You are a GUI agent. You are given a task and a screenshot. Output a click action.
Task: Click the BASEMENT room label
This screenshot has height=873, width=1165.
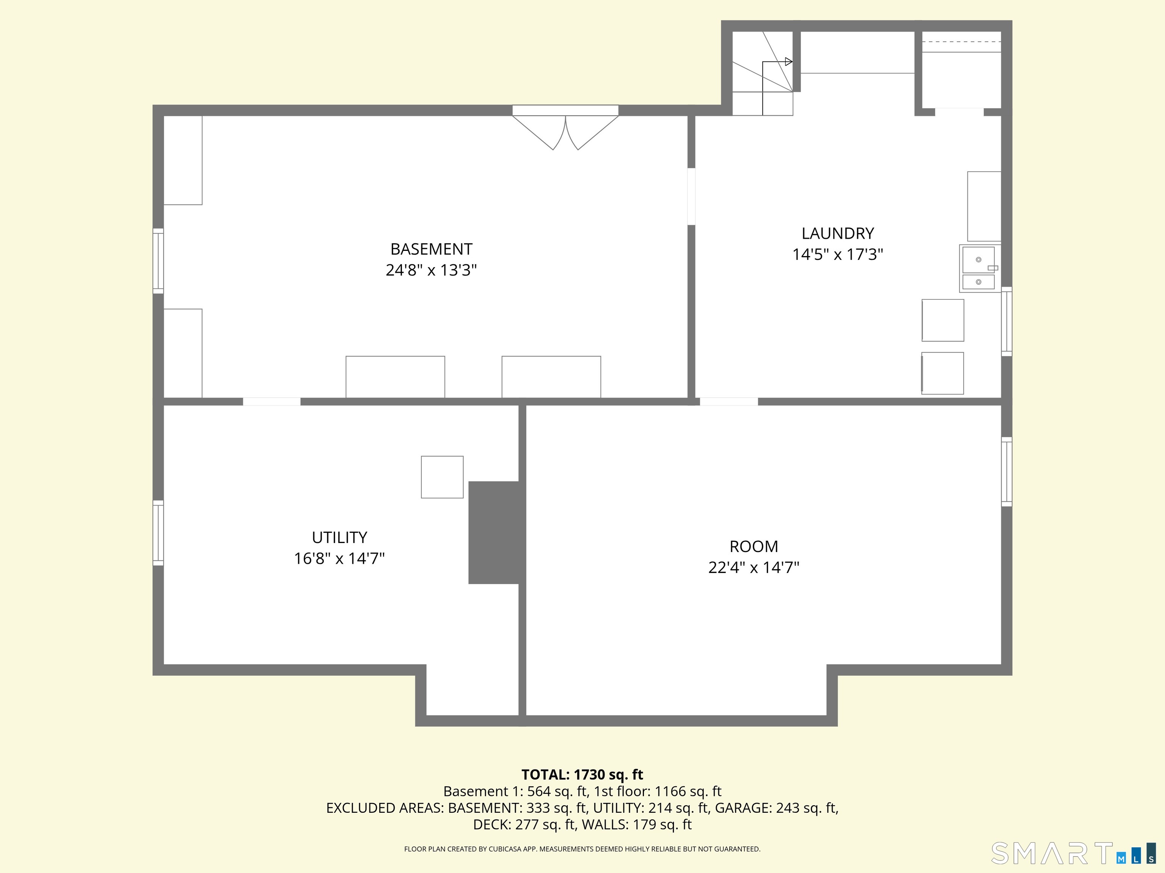(x=431, y=249)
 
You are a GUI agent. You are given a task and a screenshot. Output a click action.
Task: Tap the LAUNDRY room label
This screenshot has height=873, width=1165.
(x=837, y=233)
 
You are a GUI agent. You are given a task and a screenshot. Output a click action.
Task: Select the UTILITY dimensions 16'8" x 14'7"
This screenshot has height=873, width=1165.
(x=339, y=559)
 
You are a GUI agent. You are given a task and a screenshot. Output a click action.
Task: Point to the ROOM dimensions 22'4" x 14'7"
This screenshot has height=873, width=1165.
(x=754, y=567)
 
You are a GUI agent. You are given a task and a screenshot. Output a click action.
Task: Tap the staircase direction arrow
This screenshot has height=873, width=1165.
(x=788, y=62)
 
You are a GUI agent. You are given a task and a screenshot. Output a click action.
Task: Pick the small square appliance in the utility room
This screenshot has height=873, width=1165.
(x=442, y=477)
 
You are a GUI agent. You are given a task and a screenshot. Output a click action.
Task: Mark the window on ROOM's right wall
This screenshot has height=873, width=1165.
(x=1006, y=471)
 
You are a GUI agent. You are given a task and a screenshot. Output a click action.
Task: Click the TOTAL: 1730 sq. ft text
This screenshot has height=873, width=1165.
(x=582, y=774)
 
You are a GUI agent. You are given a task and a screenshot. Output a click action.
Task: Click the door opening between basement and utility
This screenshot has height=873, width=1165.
(x=272, y=402)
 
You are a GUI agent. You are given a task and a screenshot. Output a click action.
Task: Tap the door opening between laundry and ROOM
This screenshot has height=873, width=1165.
(x=729, y=402)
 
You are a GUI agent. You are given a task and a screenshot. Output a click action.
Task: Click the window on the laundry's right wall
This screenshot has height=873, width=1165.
(x=1006, y=322)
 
